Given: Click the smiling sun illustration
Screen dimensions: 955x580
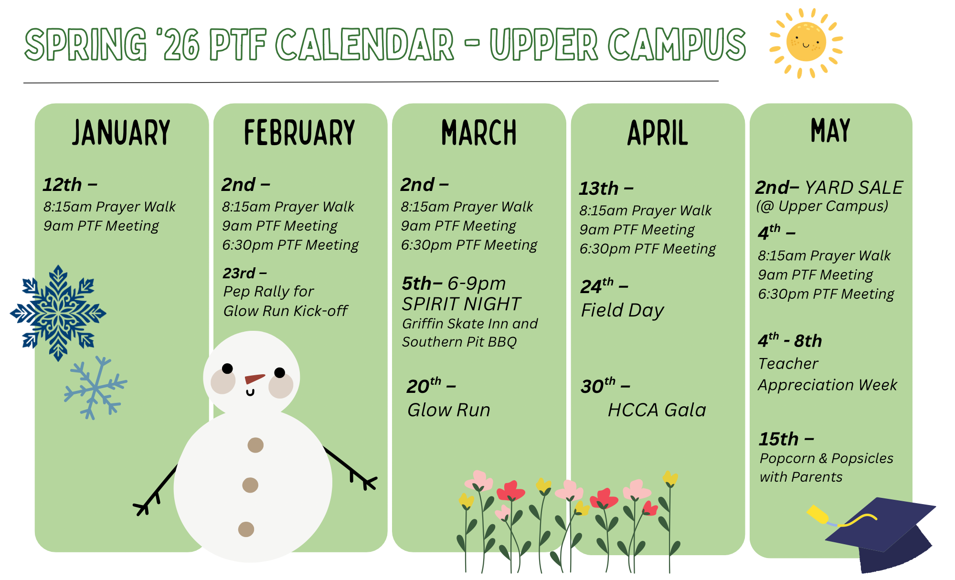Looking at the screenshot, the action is point(806,42).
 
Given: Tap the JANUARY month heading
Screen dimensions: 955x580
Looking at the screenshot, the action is point(121,133).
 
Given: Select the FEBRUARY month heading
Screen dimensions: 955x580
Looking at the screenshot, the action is point(299,133).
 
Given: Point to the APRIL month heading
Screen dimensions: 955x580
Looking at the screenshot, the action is point(658,133).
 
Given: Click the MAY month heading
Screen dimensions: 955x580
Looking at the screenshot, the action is point(830,130).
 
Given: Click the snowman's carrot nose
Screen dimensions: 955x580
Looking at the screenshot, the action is point(255,379).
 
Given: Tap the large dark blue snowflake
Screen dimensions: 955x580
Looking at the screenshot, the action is point(58,313).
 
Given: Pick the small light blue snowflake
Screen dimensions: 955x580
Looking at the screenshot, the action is point(95,388).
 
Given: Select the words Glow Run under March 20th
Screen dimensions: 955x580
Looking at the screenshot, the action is point(449,410).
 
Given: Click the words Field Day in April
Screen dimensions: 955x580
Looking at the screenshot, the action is point(622,311).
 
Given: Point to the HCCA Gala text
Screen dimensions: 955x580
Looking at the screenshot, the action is point(657,410).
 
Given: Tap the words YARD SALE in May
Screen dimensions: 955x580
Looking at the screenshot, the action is point(854,188).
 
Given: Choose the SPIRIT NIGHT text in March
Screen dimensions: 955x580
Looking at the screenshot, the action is point(461,304).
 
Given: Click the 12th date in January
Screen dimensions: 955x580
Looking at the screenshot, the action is point(62,185).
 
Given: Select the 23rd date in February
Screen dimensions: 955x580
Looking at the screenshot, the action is point(239,273).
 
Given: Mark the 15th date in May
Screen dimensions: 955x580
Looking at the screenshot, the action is point(779,439).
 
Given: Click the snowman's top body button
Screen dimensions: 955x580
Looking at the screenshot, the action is point(255,445).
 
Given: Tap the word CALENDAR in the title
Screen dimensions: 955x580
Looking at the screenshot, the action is point(365,44).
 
